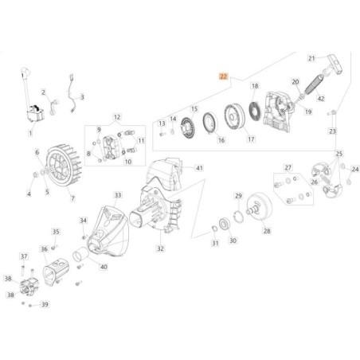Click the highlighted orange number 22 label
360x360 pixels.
pyautogui.click(x=224, y=77)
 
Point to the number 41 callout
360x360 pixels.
pyautogui.click(x=199, y=168)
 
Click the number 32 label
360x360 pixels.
pyautogui.click(x=160, y=248)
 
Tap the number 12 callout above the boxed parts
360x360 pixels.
pyautogui.click(x=116, y=117)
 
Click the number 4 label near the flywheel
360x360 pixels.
pyautogui.click(x=29, y=194)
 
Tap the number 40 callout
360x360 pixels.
pyautogui.click(x=103, y=267)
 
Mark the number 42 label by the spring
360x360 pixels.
pyautogui.click(x=321, y=99)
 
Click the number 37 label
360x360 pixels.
pyautogui.click(x=23, y=256)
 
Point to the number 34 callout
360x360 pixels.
pyautogui.click(x=83, y=221)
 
